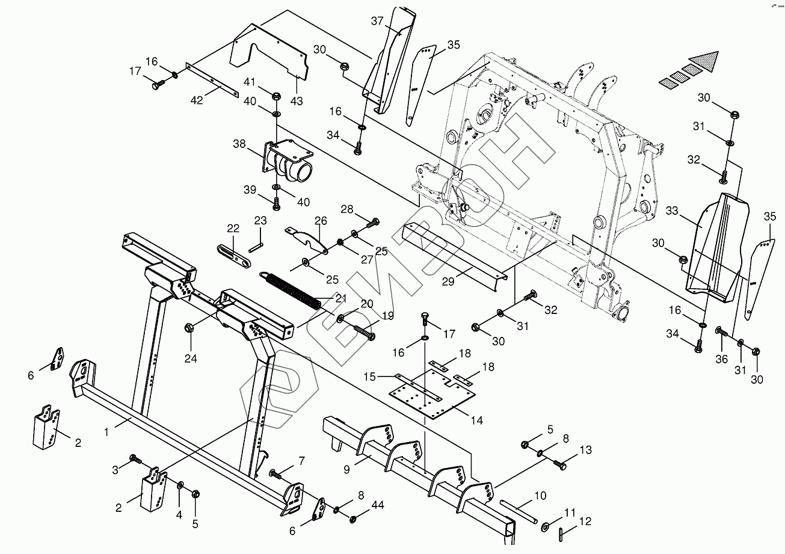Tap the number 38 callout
click(239, 144)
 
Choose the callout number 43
click(296, 100)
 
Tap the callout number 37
click(377, 22)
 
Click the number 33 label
click(672, 212)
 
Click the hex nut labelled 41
click(276, 96)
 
